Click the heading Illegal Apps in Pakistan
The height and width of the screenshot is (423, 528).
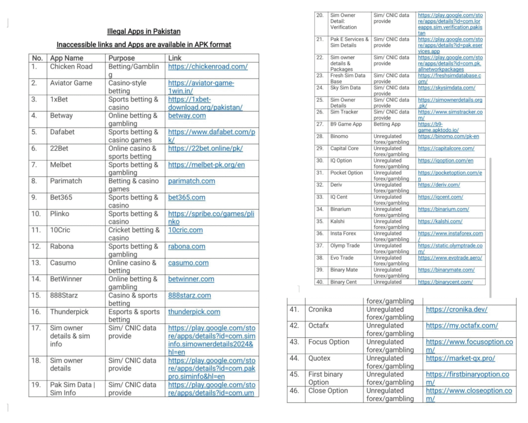click(144, 32)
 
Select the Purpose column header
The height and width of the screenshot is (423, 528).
click(122, 58)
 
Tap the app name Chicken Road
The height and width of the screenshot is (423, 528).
click(71, 67)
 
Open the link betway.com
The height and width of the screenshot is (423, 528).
click(187, 116)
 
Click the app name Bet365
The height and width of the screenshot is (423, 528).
click(61, 197)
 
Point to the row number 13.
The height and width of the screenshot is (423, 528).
click(36, 263)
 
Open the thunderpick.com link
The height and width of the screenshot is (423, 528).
click(194, 312)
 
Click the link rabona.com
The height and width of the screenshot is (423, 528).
click(187, 246)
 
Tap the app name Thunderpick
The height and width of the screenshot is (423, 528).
click(69, 312)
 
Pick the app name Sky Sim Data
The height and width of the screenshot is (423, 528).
click(345, 88)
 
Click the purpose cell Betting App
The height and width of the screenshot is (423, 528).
click(389, 124)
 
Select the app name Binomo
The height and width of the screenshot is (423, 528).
click(339, 136)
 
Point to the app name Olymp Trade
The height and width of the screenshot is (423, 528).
click(345, 246)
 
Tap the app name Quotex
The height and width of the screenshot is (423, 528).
click(319, 358)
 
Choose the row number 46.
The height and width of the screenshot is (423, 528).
click(294, 390)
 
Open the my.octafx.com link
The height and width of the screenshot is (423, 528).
click(461, 325)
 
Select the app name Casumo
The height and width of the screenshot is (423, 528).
click(63, 263)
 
